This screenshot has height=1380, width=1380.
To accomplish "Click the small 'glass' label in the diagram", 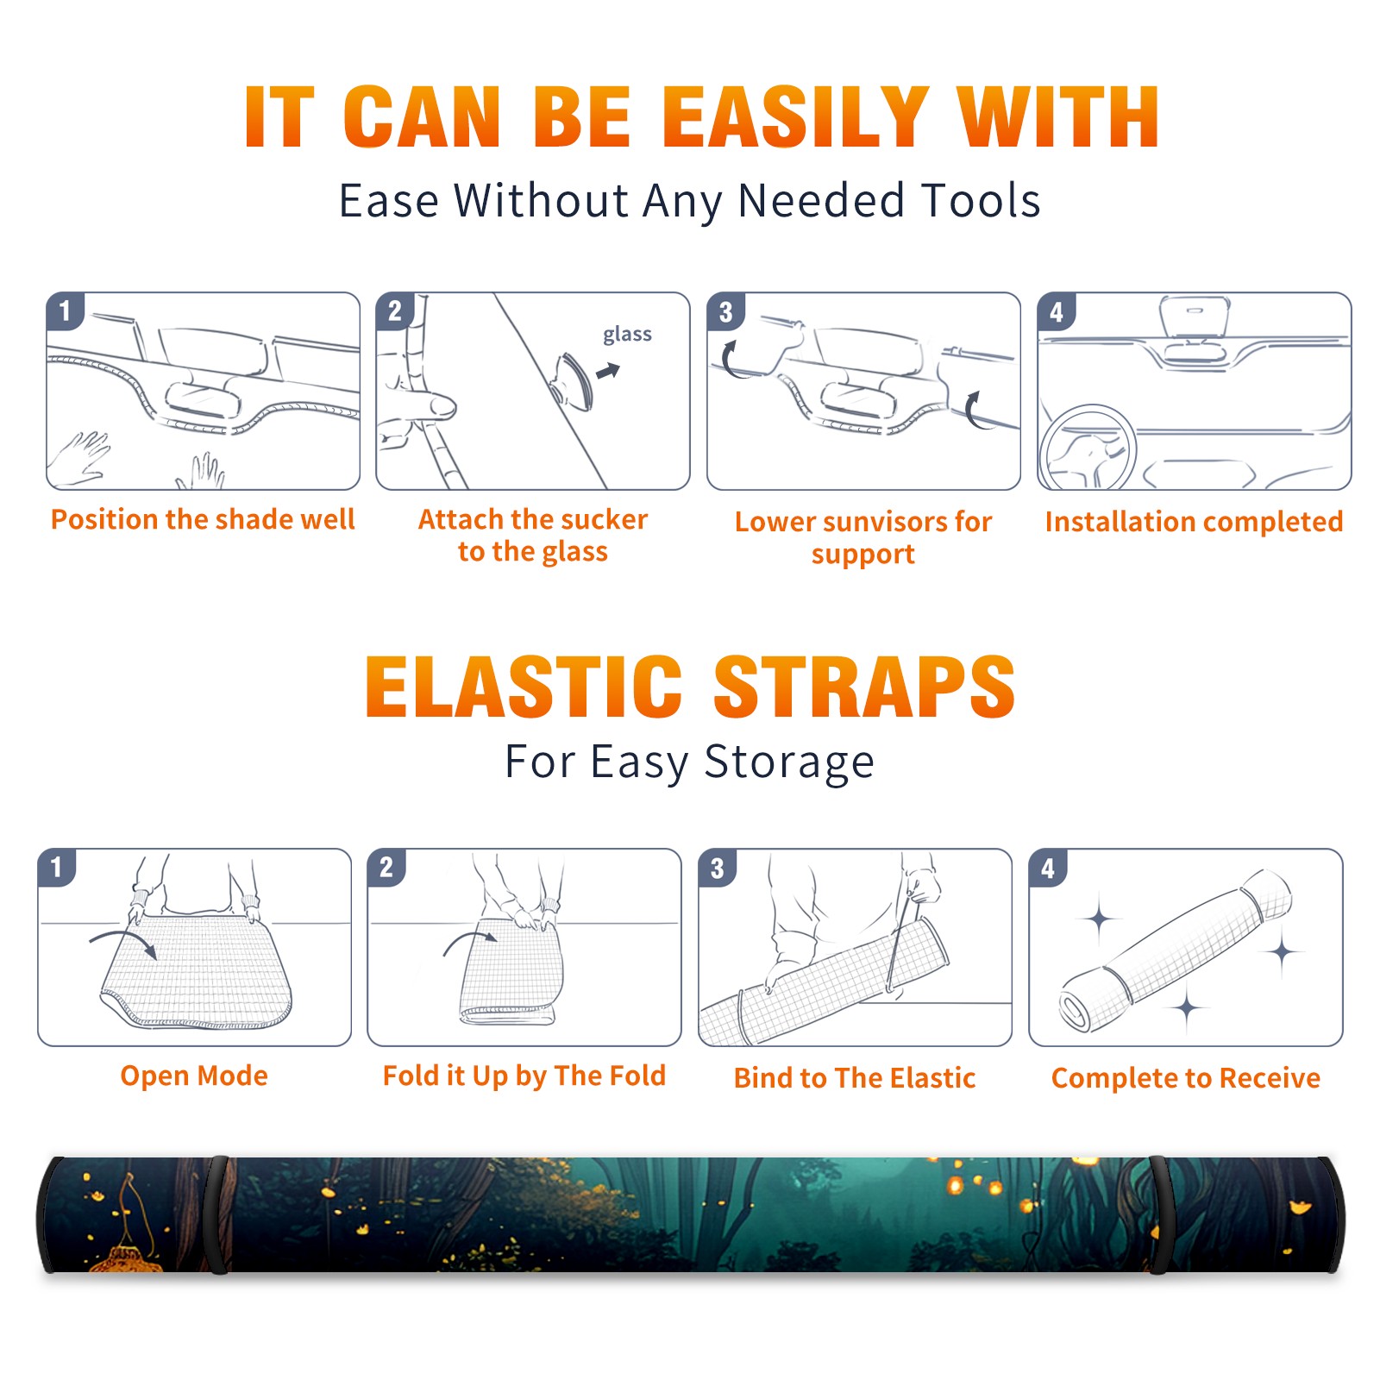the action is tap(627, 335).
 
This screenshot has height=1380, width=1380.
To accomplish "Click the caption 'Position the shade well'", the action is tap(203, 519).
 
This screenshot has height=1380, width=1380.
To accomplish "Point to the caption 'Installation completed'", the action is tap(1194, 522).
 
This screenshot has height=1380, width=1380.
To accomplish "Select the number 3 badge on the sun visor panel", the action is tap(725, 311).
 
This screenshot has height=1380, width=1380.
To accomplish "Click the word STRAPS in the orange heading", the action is tap(864, 687).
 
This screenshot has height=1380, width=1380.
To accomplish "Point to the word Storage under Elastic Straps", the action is tap(789, 762).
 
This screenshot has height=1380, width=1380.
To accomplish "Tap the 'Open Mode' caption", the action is tap(194, 1076).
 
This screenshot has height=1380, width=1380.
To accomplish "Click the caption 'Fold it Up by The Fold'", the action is tap(524, 1076).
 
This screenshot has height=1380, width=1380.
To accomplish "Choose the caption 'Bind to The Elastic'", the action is tap(855, 1078).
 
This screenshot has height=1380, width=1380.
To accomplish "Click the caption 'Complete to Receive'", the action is tap(1186, 1078).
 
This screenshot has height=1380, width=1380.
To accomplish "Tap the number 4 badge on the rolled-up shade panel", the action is tap(1047, 868).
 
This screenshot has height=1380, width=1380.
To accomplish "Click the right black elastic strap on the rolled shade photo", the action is tap(1157, 1214).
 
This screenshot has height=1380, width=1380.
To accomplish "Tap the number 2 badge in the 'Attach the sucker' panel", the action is tap(394, 311).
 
